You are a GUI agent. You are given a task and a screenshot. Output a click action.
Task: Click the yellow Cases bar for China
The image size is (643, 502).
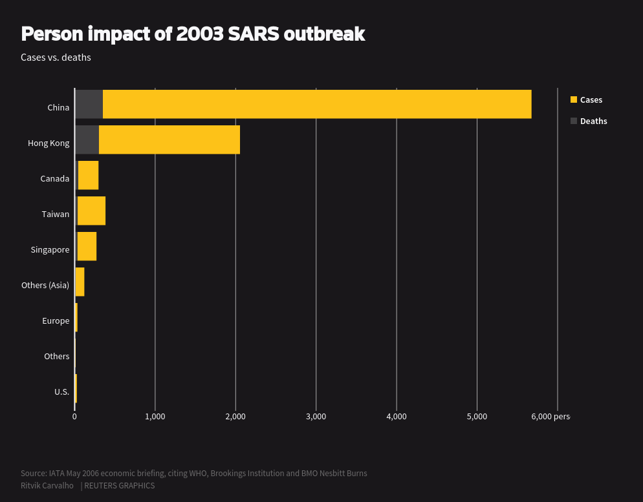click(317, 104)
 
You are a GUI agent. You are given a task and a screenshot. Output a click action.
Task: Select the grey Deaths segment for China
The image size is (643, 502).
click(89, 104)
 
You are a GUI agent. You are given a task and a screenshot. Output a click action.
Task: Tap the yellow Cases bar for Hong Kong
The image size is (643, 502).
click(169, 140)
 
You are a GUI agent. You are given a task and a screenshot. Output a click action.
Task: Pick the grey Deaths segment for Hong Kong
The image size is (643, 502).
click(87, 140)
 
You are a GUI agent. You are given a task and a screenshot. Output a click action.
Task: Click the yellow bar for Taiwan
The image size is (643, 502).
click(91, 211)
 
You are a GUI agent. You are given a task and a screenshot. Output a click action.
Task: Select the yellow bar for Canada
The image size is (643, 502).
click(88, 175)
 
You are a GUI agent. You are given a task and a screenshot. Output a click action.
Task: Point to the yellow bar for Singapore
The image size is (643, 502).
click(87, 246)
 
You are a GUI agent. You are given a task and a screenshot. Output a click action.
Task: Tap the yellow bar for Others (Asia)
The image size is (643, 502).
click(80, 282)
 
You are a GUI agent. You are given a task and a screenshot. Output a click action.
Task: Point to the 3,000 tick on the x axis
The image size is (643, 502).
click(316, 416)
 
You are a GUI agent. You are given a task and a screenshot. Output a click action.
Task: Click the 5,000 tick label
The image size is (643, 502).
click(477, 416)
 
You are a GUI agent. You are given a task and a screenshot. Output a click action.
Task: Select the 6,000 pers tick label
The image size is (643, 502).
click(550, 416)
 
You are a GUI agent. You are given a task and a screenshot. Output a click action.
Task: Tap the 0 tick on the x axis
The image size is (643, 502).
click(74, 416)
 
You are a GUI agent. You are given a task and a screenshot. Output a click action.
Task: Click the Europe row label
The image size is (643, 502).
click(56, 320)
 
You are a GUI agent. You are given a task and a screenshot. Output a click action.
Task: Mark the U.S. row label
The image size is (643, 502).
click(61, 392)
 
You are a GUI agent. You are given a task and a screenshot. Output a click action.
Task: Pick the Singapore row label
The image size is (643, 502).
click(50, 249)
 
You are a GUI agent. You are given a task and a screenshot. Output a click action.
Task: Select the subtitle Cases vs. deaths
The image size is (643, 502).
click(56, 58)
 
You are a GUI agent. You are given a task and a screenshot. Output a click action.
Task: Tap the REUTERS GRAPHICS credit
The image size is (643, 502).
click(119, 485)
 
